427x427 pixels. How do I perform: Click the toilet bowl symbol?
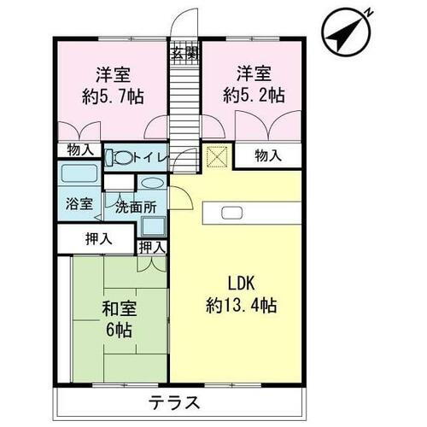click(123, 157)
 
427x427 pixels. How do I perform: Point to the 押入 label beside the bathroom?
click(98, 238)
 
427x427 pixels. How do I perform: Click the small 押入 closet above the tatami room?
click(152, 248)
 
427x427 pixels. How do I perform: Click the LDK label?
click(242, 284)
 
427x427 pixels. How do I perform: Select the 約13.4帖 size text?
click(242, 305)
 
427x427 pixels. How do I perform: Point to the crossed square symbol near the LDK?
click(217, 158)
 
